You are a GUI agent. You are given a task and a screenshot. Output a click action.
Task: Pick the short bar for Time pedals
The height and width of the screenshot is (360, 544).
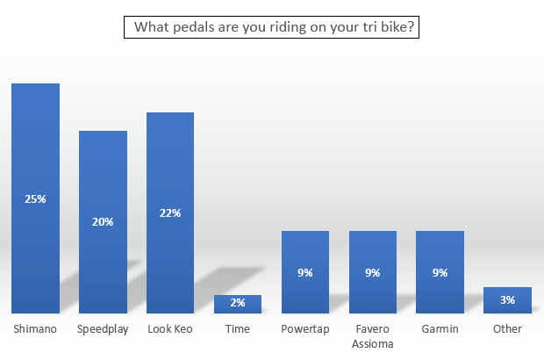[238, 305]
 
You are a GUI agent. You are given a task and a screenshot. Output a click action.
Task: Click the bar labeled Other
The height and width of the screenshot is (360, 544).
[507, 300]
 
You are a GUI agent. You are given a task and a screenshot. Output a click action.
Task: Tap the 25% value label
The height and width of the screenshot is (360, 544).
[35, 199]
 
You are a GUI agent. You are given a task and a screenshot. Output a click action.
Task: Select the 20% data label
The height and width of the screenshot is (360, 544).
[103, 222]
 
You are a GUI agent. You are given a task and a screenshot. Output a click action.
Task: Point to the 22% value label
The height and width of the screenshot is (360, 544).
[170, 213]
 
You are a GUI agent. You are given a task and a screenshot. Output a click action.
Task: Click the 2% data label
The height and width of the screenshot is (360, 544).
[238, 303]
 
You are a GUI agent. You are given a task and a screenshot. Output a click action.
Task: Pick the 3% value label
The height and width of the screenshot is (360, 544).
[507, 300]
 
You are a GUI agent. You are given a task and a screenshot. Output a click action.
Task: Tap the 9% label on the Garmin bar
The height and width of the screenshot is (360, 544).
[440, 273]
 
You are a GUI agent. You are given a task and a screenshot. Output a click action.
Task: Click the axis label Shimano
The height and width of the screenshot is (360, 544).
[35, 329]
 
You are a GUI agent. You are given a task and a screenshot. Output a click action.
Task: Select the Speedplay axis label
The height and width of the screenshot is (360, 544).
[103, 329]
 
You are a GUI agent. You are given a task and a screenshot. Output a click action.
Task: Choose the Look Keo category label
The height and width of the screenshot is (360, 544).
[170, 329]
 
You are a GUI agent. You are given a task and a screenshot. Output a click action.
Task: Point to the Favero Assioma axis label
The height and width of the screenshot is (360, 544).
[373, 336]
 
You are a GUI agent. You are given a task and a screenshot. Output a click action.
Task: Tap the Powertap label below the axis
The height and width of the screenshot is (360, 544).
[305, 329]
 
